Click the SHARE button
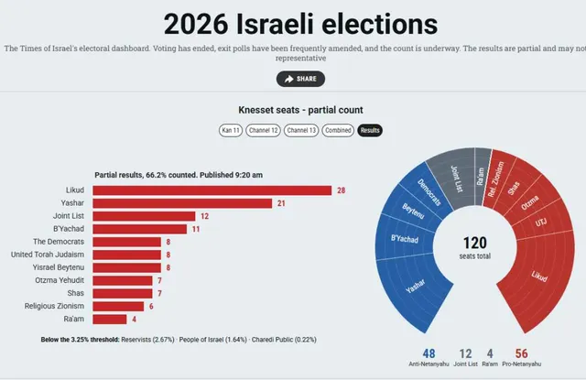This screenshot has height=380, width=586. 300,79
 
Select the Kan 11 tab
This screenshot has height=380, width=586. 231,130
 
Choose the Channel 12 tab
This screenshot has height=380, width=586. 263,130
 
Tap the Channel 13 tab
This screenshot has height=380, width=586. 301,130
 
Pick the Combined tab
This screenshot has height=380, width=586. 338,130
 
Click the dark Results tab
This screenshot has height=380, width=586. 370,130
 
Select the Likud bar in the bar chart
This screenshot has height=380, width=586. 212,190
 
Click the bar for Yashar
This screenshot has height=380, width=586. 182,203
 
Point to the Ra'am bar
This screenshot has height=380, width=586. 110,320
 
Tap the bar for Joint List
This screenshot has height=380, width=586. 144,216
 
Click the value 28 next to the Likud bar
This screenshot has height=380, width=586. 342,190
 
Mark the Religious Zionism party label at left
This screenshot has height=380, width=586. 54,306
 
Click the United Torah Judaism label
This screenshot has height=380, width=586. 48,255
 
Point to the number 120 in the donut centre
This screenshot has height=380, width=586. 475,243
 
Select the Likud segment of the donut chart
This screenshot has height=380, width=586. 538,277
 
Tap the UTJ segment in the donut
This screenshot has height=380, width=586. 542,222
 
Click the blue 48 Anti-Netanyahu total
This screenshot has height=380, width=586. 429,353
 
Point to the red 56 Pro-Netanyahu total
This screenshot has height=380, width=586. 521,353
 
